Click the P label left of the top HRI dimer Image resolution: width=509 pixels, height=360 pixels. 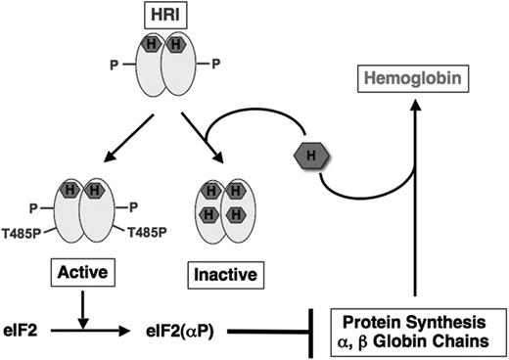115,68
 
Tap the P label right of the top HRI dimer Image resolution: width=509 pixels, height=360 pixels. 218,68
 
